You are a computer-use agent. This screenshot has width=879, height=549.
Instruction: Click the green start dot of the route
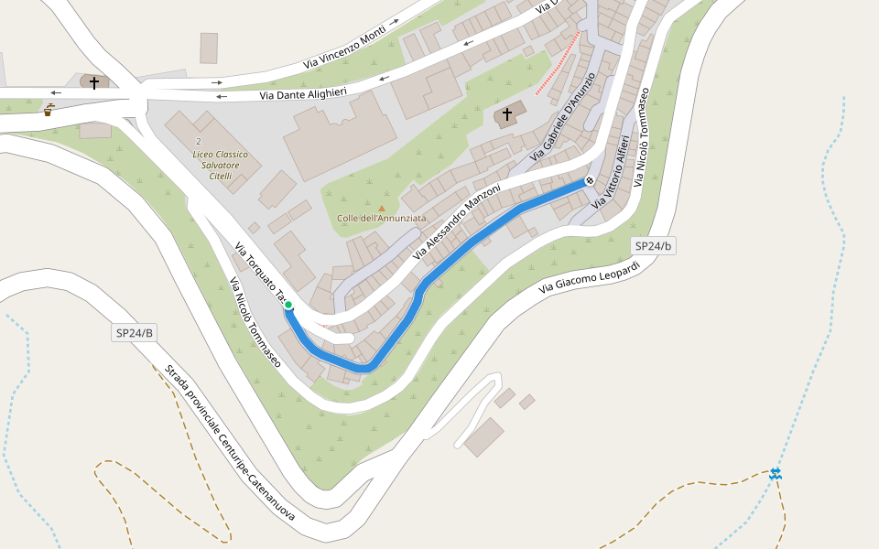click(288, 305)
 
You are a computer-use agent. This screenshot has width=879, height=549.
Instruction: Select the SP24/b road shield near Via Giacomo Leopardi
click(654, 246)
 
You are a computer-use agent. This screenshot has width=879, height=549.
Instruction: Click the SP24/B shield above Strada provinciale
click(135, 333)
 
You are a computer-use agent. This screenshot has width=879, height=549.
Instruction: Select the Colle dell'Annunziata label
click(382, 218)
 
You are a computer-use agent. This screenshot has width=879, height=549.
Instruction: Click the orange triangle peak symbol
click(382, 209)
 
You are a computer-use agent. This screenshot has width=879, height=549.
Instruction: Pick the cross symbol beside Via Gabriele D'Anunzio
click(506, 114)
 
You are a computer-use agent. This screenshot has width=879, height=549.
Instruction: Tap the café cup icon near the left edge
click(48, 111)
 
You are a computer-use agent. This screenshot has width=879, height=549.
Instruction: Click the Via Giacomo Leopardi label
click(589, 274)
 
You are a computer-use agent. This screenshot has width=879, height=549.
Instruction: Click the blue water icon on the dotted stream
click(776, 473)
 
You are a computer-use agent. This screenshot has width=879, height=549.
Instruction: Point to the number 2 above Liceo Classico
click(198, 141)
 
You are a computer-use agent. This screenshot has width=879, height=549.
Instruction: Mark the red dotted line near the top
click(558, 63)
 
